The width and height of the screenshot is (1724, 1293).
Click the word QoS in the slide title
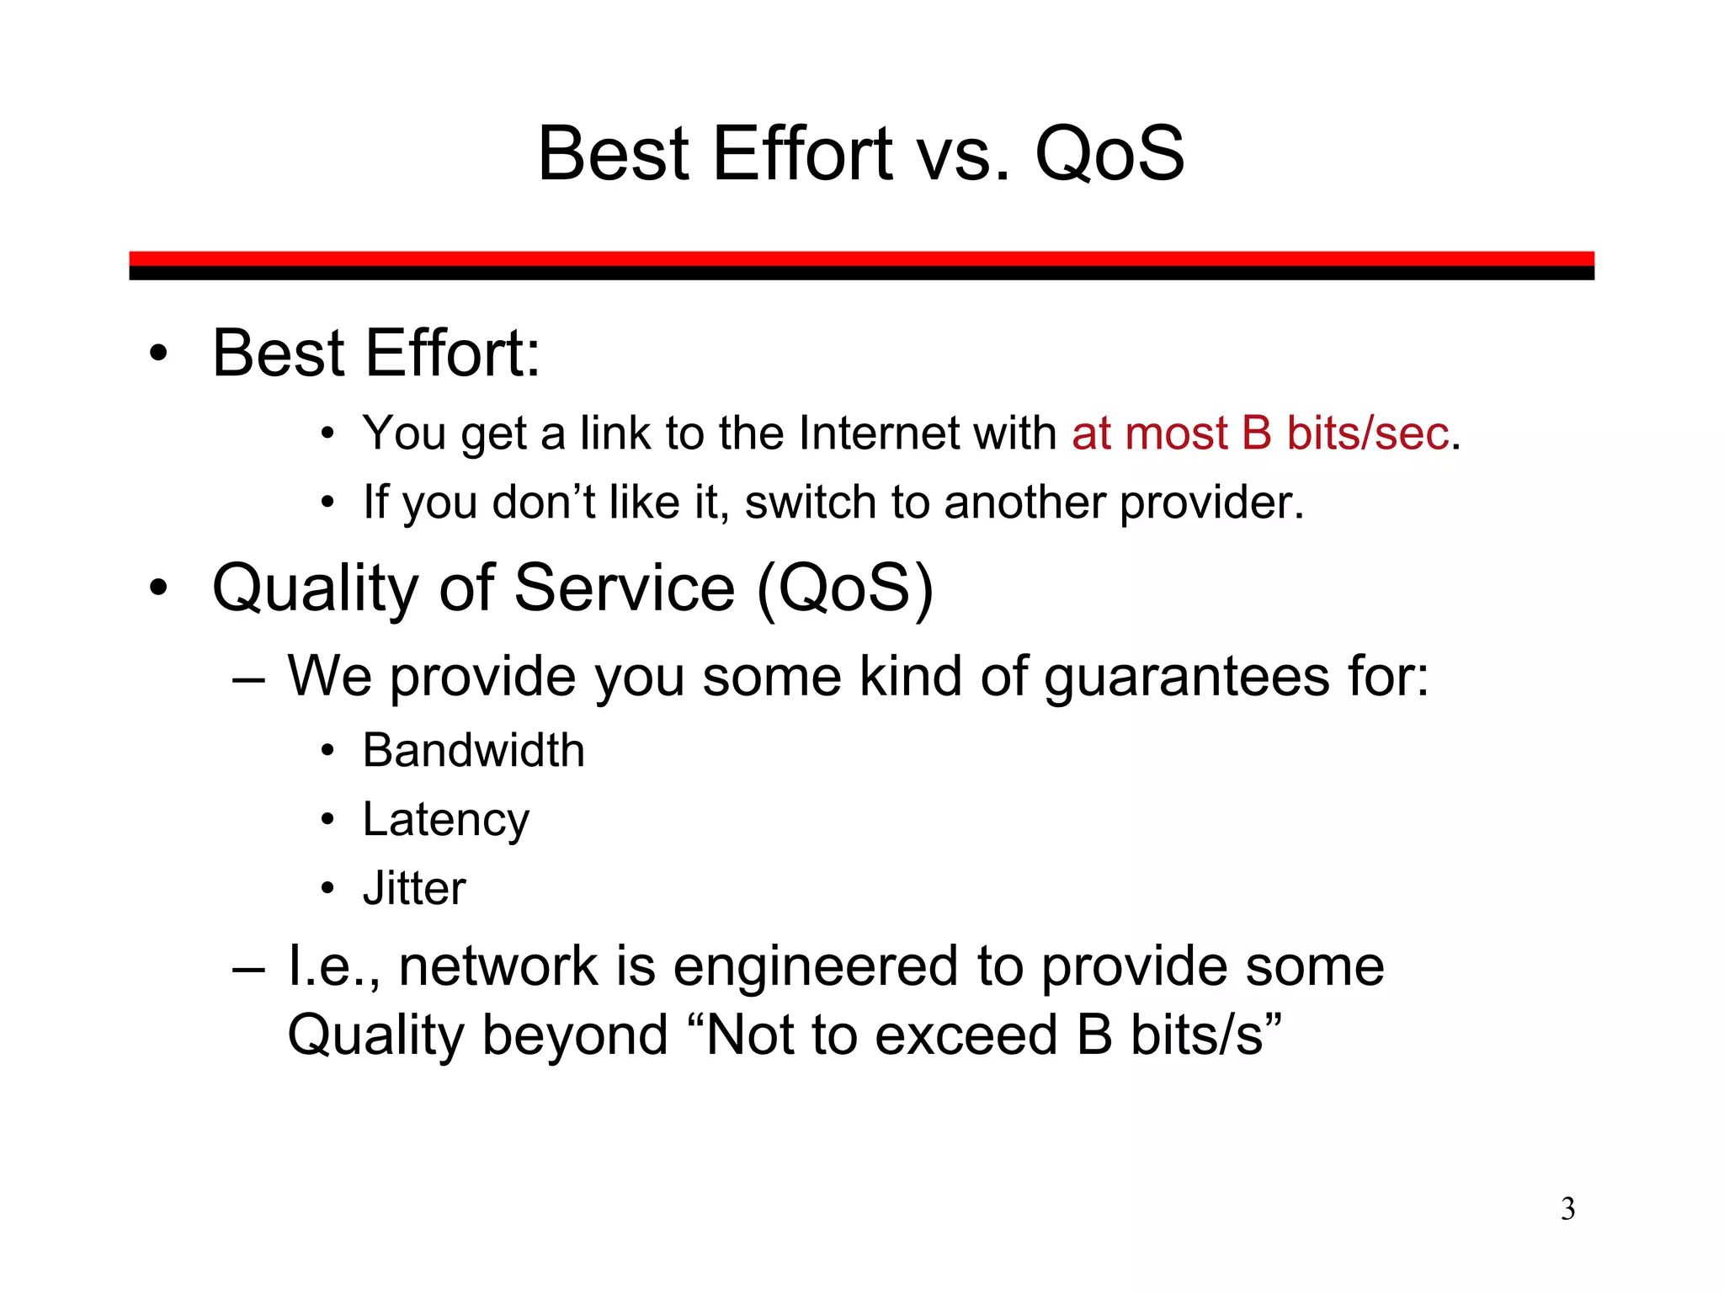click(1109, 154)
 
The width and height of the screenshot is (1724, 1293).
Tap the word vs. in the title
click(962, 154)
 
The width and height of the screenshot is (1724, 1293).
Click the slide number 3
click(1567, 1209)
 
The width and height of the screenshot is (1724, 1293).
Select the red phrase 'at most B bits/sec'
click(1260, 434)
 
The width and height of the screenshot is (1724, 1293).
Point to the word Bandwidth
click(473, 750)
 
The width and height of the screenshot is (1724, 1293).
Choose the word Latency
click(445, 820)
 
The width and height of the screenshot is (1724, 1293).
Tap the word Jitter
click(413, 889)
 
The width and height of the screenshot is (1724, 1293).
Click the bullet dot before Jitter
click(327, 889)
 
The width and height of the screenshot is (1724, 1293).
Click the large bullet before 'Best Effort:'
click(158, 354)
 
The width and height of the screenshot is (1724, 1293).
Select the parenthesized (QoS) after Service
click(845, 588)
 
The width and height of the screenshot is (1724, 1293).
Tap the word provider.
click(1211, 503)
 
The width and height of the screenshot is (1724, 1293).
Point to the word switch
click(810, 503)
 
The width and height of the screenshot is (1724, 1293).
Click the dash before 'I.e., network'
click(249, 968)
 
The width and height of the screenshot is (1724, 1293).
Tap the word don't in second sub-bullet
click(544, 503)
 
